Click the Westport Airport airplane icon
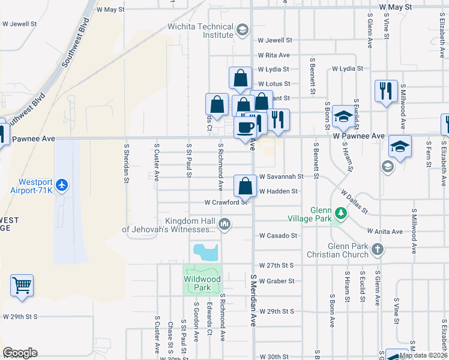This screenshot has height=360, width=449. tap(62, 186)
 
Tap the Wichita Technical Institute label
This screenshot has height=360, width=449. tap(201, 31)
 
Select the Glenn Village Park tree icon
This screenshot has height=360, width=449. tap(340, 213)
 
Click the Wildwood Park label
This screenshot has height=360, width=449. tap(202, 283)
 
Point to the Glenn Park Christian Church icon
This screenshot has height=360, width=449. tap(377, 249)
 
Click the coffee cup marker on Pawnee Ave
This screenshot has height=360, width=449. tap(245, 128)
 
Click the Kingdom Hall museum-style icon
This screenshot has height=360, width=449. tap(224, 225)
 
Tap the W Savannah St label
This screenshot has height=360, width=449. tap(281, 177)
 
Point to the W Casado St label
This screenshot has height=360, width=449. tap(279, 236)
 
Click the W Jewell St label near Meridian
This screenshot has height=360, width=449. tap(275, 40)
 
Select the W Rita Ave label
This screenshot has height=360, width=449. tap(274, 55)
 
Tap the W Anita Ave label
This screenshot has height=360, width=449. tap(382, 232)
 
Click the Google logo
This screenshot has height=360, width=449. tap(20, 353)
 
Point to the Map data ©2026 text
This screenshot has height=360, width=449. tap(423, 355)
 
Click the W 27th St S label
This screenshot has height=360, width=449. tap(276, 265)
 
